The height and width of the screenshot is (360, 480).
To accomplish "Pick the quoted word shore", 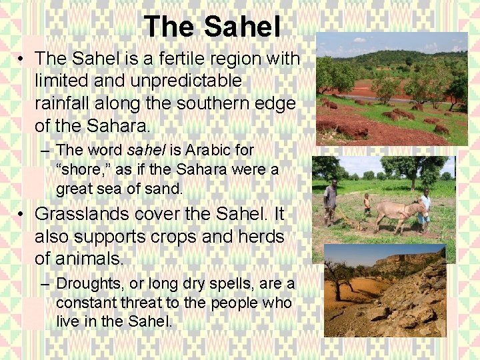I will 83,169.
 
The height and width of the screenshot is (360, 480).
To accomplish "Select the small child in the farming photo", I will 367,203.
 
